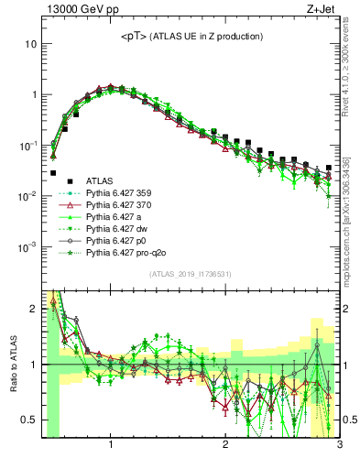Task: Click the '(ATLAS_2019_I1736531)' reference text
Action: click(x=191, y=274)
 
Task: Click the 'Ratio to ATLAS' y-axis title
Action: click(x=13, y=365)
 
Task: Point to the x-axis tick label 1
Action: click(x=111, y=445)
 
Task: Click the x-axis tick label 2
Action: click(x=225, y=445)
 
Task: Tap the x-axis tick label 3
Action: click(x=338, y=445)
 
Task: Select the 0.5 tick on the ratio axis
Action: click(x=30, y=420)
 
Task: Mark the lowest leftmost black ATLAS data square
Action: click(x=53, y=172)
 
